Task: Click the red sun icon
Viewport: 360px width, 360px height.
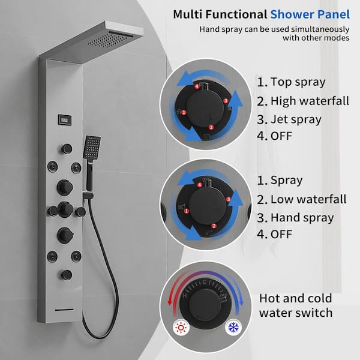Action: [x=181, y=328]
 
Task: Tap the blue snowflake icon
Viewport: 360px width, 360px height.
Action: [x=233, y=328]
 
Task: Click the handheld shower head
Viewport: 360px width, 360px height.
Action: [x=92, y=147]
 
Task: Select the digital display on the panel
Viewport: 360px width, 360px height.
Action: [x=65, y=119]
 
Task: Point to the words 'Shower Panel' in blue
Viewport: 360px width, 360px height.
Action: [x=310, y=14]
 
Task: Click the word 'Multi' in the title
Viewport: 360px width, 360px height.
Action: [x=188, y=14]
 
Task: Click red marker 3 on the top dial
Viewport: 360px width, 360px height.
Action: [x=226, y=101]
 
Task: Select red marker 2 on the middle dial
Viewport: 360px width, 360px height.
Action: [x=214, y=226]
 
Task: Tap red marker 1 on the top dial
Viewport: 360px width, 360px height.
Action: [x=184, y=113]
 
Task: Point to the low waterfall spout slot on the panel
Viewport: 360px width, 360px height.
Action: [x=64, y=310]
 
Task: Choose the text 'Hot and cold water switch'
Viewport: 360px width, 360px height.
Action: [x=296, y=305]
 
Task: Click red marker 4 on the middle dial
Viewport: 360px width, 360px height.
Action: [x=200, y=185]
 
